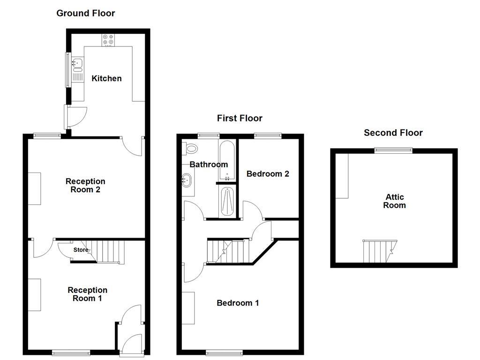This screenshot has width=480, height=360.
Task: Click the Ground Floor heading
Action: pyautogui.click(x=85, y=13)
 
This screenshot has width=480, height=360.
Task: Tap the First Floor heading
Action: pyautogui.click(x=240, y=118)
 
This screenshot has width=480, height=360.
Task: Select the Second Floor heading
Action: pyautogui.click(x=393, y=133)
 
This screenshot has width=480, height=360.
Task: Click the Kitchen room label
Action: pyautogui.click(x=106, y=78)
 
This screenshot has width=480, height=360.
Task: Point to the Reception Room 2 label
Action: pyautogui.click(x=85, y=186)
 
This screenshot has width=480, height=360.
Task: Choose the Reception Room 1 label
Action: pyautogui.click(x=87, y=294)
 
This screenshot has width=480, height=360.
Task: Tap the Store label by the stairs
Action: pyautogui.click(x=81, y=250)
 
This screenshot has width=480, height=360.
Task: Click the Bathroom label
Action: pyautogui.click(x=209, y=165)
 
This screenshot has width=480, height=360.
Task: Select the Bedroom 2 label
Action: pyautogui.click(x=268, y=174)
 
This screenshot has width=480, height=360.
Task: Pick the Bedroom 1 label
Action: pyautogui.click(x=238, y=303)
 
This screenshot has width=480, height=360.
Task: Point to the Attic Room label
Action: pyautogui.click(x=394, y=201)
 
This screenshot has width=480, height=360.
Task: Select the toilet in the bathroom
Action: pyautogui.click(x=190, y=149)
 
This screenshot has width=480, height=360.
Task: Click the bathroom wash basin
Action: pyautogui.click(x=187, y=180)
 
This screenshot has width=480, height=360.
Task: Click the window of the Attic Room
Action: pyautogui.click(x=393, y=150)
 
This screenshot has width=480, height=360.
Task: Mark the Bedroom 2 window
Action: pyautogui.click(x=268, y=136)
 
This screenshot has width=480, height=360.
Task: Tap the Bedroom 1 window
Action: pyautogui.click(x=225, y=352)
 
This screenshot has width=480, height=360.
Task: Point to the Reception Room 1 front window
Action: pyautogui.click(x=70, y=352)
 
